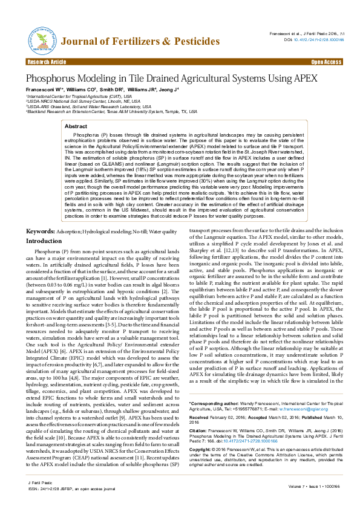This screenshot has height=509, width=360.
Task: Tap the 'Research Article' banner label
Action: [46, 62]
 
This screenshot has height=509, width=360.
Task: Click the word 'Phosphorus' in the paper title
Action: [52, 79]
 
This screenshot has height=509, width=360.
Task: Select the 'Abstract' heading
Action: [83, 126]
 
